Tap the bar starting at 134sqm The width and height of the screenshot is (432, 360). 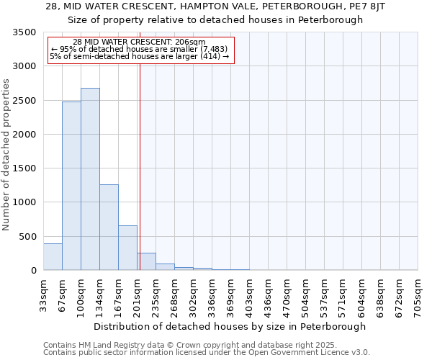[x=109, y=227]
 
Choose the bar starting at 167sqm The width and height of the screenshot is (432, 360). [x=127, y=248]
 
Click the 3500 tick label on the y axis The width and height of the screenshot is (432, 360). [x=24, y=32]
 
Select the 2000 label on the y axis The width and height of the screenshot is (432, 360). [x=24, y=135]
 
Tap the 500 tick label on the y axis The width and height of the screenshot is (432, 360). [x=27, y=237]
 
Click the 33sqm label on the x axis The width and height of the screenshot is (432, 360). [x=43, y=294]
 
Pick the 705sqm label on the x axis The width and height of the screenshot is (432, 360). [x=418, y=295]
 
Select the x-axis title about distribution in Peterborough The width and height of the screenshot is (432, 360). [x=230, y=326]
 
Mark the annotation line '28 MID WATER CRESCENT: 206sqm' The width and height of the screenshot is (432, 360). [x=139, y=42]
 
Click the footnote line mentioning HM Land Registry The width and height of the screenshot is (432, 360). [x=185, y=345]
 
